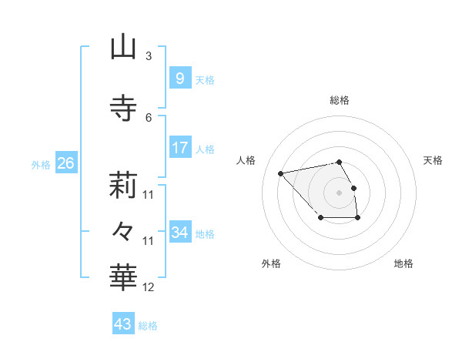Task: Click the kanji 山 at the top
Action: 123,48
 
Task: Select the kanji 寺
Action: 123,108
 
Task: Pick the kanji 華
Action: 123,275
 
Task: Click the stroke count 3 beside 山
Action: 148,56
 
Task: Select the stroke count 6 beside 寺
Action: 148,117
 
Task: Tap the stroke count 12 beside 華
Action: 149,287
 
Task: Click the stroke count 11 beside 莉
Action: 149,195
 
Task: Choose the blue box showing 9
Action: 179,79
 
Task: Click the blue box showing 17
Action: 179,148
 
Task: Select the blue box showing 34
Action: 179,233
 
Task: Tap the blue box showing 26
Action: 65,163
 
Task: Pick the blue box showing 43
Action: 122,323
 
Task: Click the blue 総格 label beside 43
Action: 148,326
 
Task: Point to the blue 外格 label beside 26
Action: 40,165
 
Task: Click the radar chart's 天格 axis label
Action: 433,160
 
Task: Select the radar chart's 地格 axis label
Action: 403,263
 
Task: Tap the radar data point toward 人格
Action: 281,173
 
